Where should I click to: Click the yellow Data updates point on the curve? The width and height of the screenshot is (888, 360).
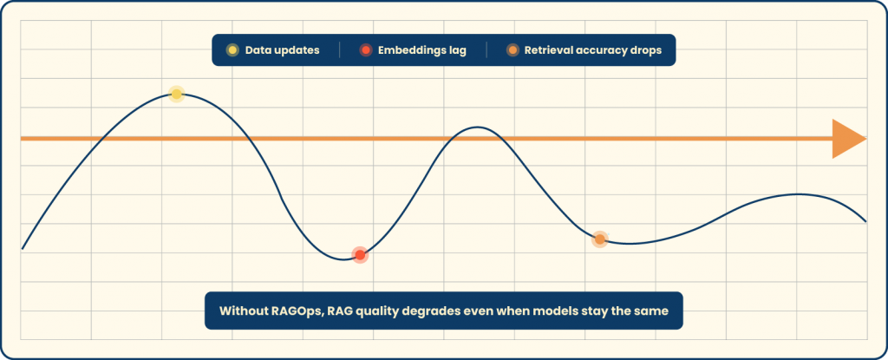(x=176, y=94)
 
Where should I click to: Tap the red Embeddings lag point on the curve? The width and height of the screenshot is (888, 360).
(x=360, y=254)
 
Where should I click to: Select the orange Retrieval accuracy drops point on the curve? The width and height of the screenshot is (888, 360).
(x=599, y=239)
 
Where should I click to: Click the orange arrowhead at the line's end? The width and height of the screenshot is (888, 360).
(x=847, y=139)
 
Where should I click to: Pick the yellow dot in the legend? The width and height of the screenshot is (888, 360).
(x=232, y=50)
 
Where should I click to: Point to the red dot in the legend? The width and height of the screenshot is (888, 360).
(x=366, y=50)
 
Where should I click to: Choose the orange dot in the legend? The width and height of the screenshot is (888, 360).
(x=513, y=50)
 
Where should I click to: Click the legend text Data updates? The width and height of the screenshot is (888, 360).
(x=283, y=50)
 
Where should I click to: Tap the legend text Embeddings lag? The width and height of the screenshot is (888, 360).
(x=422, y=50)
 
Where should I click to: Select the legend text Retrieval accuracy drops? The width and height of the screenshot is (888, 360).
(x=592, y=50)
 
